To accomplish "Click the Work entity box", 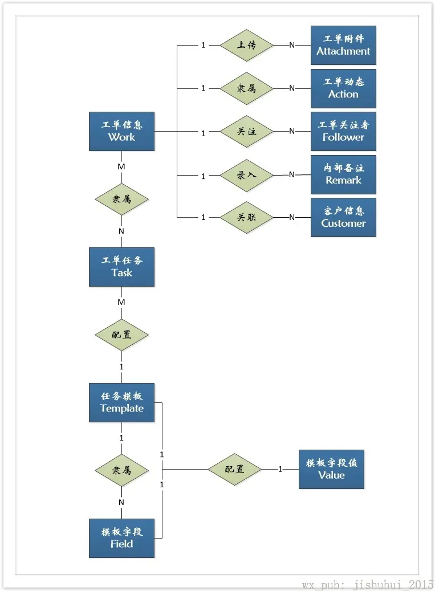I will click(121, 132).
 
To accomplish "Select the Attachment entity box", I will click(343, 45).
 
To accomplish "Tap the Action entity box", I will click(343, 88).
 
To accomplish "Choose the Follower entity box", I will click(343, 132).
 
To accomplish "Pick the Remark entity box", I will click(343, 174).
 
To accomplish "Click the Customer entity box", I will click(343, 218).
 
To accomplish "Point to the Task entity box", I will click(121, 267).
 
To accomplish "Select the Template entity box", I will click(121, 402).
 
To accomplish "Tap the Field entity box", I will click(121, 538).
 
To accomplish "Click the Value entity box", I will click(331, 469).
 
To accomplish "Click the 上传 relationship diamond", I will click(246, 45).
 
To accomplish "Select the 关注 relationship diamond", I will click(246, 132).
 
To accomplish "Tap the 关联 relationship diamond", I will click(246, 217).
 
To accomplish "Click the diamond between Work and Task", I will click(121, 199).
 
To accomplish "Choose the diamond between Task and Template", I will click(121, 335).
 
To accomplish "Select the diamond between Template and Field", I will click(121, 470).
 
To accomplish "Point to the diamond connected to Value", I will click(234, 469).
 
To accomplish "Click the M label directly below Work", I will click(121, 166).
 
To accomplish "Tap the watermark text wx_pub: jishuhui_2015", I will click(367, 584).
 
